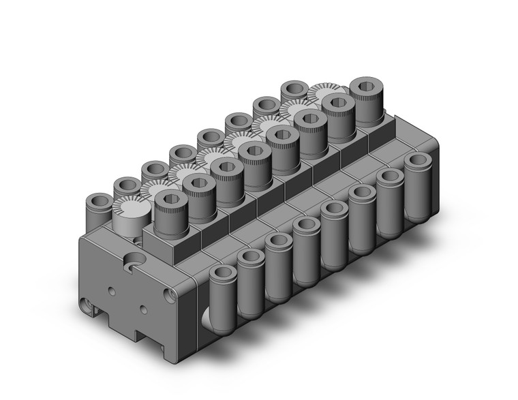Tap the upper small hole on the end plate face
[x=112, y=292]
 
